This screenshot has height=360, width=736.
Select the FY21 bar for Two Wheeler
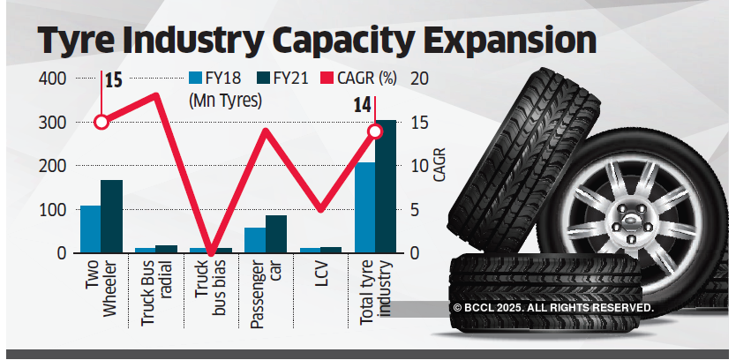112,216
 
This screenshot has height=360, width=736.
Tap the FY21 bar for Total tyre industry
386,187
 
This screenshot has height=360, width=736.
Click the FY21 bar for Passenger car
276,234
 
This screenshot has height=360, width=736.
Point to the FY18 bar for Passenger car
255,240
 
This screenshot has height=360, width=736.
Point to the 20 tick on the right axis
418,79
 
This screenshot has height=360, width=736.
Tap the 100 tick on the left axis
53,210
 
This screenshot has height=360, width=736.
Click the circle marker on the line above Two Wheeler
101,122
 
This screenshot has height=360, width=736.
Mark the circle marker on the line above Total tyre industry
375,131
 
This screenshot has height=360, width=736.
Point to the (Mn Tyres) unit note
226,101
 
